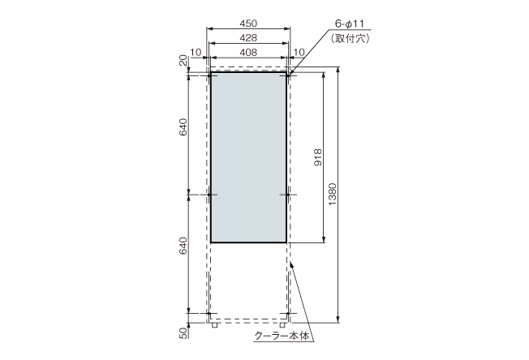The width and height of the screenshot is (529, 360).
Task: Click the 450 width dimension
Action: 249,24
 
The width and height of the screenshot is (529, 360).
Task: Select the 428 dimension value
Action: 249,38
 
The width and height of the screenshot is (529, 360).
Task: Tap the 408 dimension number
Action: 249,52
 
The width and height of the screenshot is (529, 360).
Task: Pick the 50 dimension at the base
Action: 184,331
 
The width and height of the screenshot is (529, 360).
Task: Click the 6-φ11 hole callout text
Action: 348,24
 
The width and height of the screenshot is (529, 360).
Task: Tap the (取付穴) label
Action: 347,38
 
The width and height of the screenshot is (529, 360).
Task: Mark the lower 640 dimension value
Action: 184,248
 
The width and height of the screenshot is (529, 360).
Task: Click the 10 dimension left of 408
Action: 195,52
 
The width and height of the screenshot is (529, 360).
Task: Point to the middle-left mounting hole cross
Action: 210,195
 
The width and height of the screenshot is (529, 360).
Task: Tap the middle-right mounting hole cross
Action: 289,195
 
